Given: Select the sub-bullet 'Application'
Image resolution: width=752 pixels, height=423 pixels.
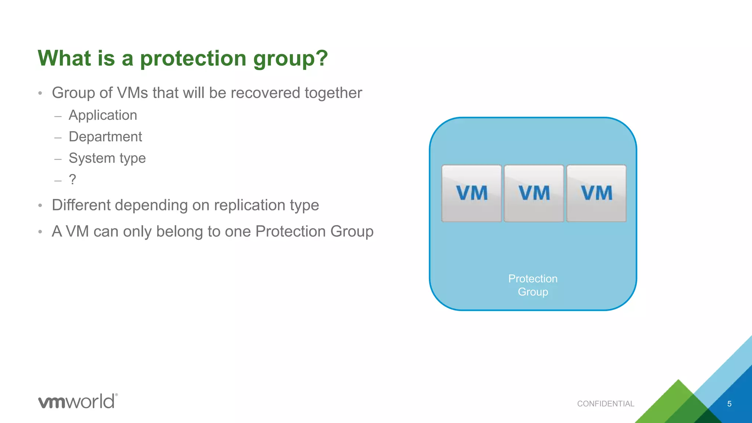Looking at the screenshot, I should click(x=103, y=115).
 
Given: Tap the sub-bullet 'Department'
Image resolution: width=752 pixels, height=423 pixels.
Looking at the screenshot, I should click(x=105, y=137).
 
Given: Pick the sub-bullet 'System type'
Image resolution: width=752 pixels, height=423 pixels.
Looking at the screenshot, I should click(x=107, y=158).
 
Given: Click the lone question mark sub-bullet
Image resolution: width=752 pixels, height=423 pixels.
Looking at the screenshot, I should click(x=72, y=180).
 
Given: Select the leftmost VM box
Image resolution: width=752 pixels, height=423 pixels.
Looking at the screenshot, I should click(x=471, y=194).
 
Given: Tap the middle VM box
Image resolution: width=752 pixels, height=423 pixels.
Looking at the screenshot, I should click(x=534, y=194).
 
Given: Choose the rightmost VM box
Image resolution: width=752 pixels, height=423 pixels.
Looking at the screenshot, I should click(x=596, y=194).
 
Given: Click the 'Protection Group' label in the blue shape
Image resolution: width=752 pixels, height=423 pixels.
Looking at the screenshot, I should click(x=533, y=285).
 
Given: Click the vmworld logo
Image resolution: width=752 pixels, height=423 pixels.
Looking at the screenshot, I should click(x=78, y=401).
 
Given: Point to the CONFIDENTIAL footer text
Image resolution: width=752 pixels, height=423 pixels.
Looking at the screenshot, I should click(x=605, y=404).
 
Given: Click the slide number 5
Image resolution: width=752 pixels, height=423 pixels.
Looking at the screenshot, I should click(x=729, y=404).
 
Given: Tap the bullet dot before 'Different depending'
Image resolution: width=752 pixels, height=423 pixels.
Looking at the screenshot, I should click(x=40, y=206).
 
